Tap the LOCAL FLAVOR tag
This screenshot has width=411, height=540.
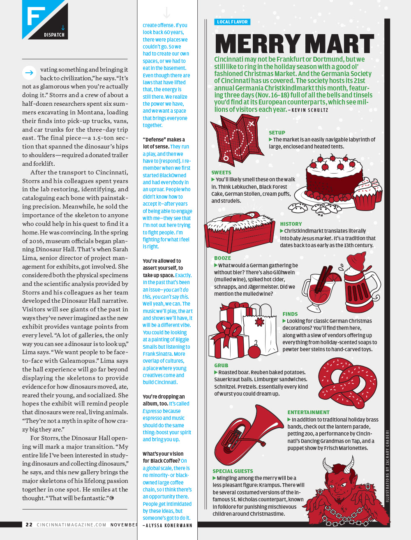[x=232, y=22]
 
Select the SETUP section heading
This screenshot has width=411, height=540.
[x=277, y=133]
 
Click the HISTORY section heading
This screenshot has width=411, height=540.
[x=291, y=224]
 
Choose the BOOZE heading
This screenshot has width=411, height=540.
[x=222, y=258]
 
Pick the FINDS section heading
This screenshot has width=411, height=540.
[x=290, y=314]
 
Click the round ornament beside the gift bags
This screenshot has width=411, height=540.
[x=254, y=351]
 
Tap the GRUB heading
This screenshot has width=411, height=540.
[x=221, y=365]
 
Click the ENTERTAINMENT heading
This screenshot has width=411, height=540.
[x=308, y=413]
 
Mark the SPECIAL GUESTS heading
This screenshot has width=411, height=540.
[x=233, y=471]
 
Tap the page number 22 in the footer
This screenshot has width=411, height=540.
[x=29, y=525]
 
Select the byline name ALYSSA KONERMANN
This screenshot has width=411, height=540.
[x=169, y=526]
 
